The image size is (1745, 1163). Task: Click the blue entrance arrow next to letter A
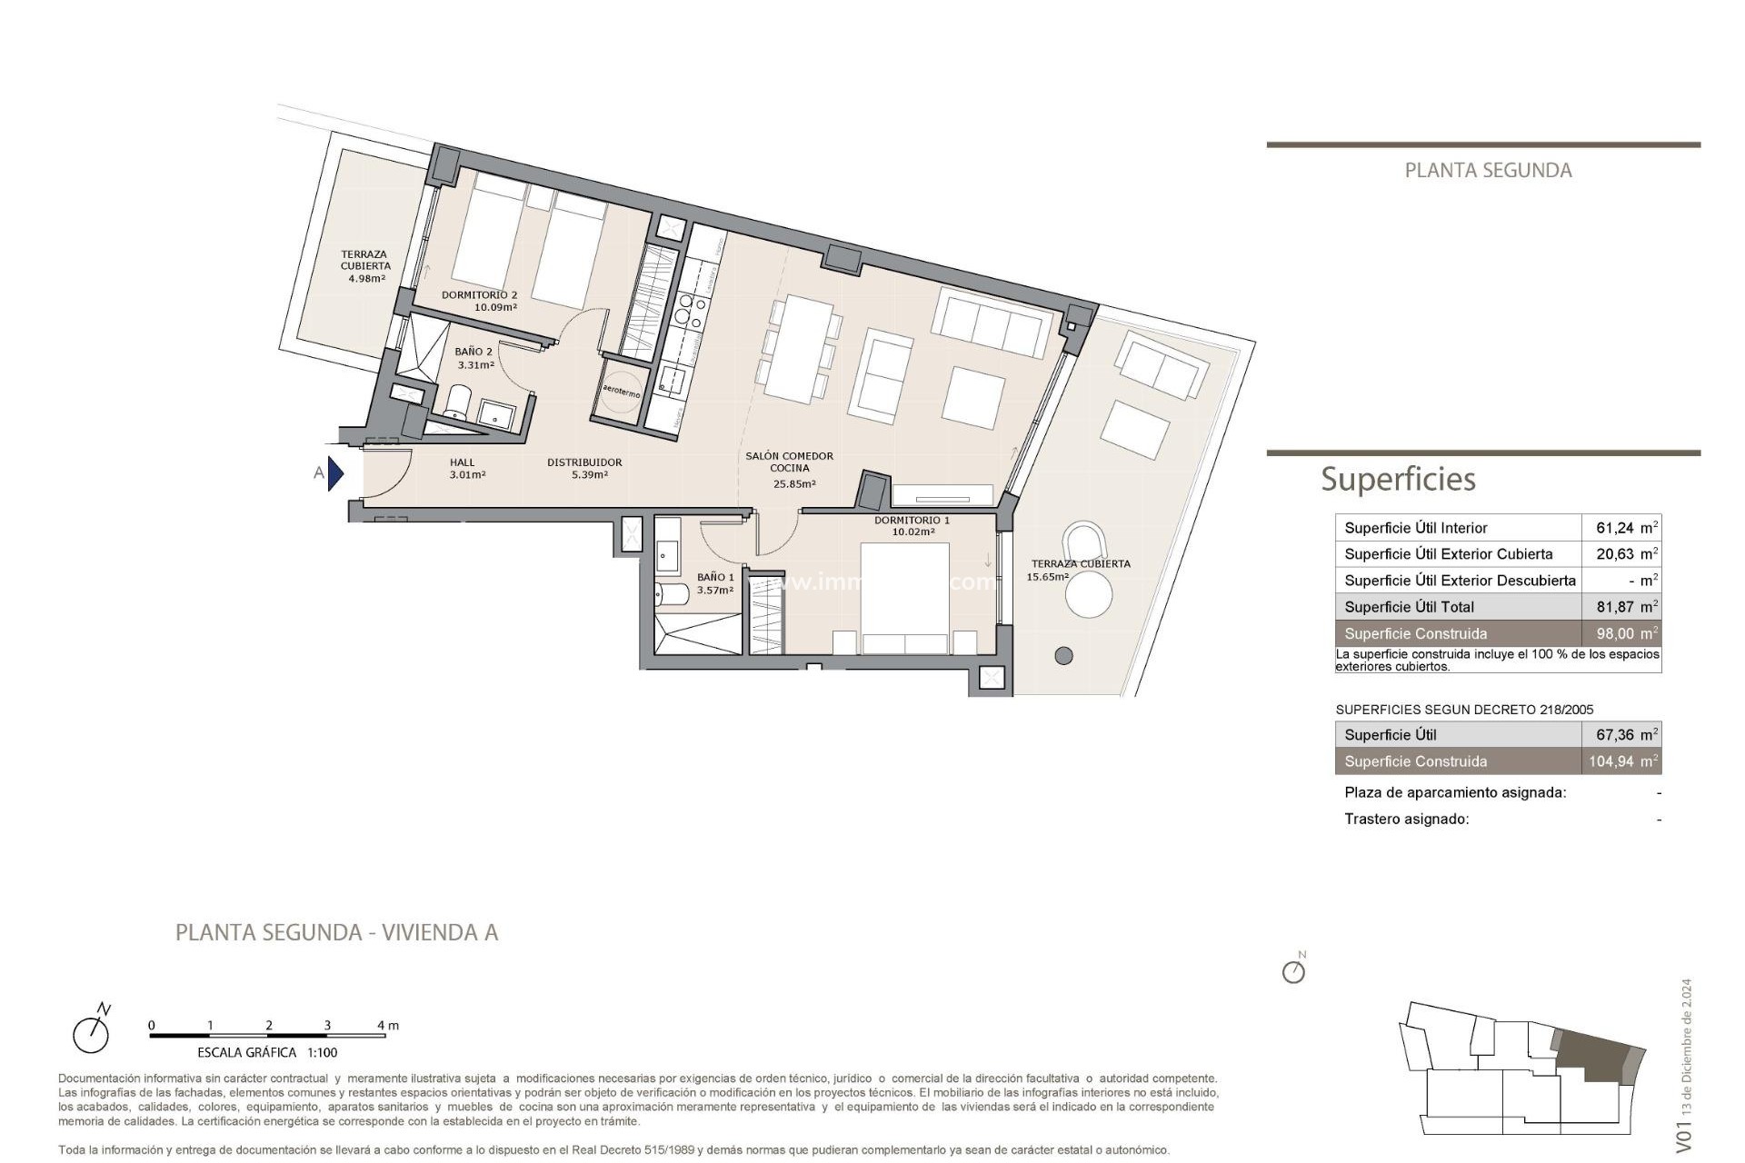(335, 473)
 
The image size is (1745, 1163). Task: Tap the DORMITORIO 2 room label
(479, 295)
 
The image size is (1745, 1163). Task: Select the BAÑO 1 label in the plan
(715, 577)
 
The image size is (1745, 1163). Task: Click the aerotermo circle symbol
(622, 393)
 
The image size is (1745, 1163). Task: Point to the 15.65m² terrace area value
(1048, 577)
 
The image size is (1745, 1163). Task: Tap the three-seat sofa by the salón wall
(990, 323)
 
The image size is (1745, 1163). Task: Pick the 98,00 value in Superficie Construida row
(1618, 633)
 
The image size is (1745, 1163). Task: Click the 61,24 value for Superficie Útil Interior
(1618, 528)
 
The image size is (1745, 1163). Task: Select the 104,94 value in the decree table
(1614, 761)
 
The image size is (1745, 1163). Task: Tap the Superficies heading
(1398, 479)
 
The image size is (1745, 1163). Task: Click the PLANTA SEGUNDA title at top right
(1488, 171)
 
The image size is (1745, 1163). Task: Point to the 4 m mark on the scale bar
(387, 1026)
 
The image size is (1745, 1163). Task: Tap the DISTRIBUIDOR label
(584, 462)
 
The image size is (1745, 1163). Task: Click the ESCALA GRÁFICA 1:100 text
(267, 1052)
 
